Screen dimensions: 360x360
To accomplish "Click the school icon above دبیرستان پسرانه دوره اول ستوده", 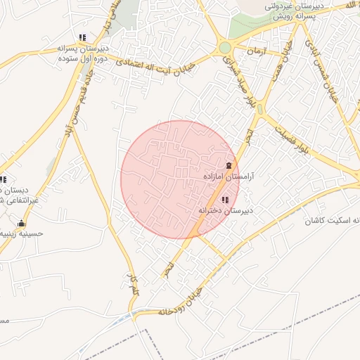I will coord(82,38).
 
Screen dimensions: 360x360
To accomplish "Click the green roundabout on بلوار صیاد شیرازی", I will coord(224,48).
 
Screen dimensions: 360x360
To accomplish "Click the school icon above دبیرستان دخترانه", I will coord(224,201).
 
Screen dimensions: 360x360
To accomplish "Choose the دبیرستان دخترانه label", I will coord(225,210).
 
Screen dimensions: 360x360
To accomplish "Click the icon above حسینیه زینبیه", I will coord(20,225).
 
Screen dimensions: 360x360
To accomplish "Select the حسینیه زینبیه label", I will coord(21,234).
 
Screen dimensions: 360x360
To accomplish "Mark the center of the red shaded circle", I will coord(180,180).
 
